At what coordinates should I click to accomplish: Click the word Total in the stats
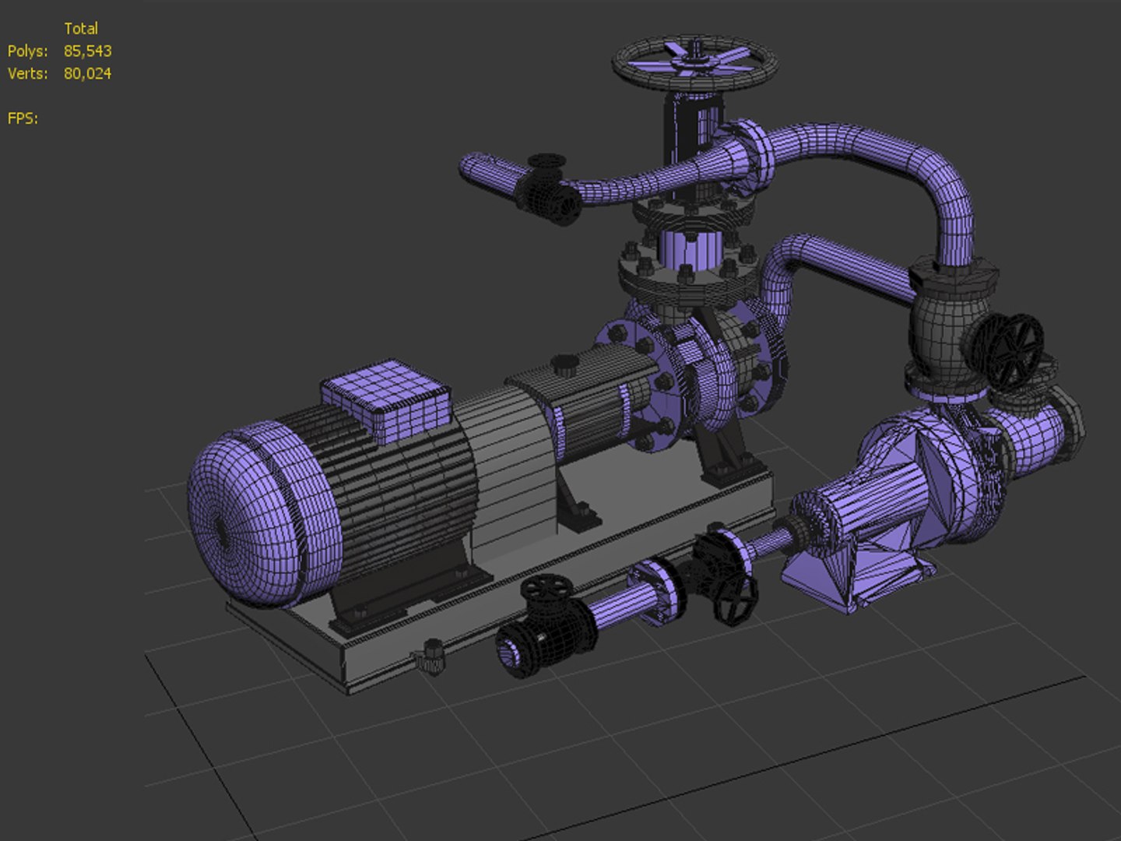point(81,29)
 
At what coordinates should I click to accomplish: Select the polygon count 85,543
point(87,51)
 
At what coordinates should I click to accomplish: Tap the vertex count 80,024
point(87,74)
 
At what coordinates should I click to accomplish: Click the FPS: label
point(23,118)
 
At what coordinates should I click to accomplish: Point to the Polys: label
point(27,51)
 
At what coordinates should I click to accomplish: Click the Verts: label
point(27,74)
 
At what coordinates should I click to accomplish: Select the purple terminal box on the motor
point(387,399)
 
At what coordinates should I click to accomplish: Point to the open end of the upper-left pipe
point(470,168)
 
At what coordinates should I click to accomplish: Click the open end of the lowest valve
point(510,654)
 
